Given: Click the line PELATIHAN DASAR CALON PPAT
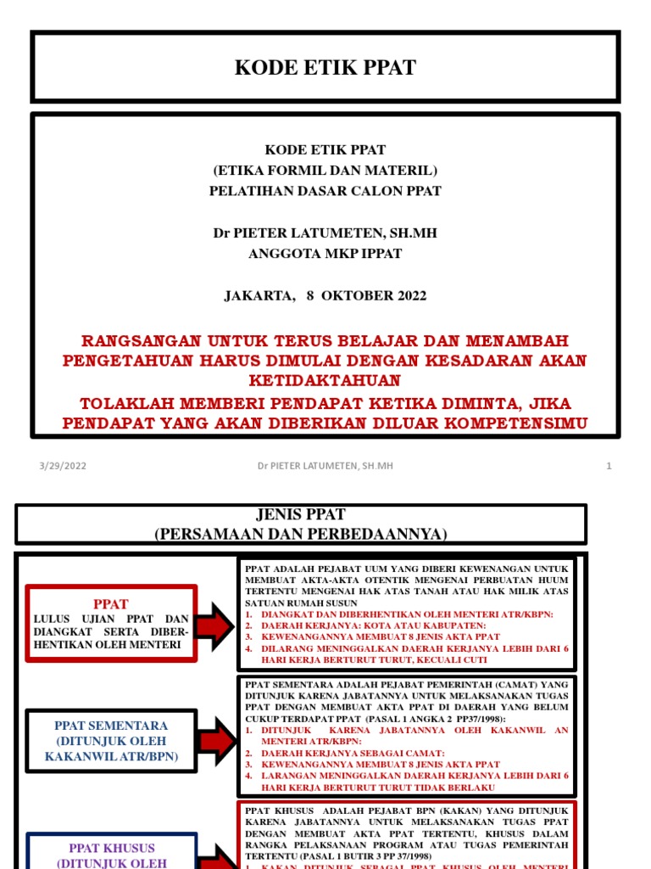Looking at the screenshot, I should (x=325, y=191).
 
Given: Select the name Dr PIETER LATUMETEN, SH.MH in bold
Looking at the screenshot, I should (x=325, y=233).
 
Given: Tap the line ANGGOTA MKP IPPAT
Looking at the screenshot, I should (x=325, y=253).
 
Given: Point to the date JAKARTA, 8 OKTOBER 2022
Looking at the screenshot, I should (x=325, y=296).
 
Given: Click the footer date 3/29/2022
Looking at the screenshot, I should (x=63, y=466).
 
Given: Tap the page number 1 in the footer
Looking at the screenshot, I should (x=609, y=466).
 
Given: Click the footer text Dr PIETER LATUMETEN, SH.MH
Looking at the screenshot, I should (x=325, y=466).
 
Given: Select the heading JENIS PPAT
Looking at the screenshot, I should (x=301, y=515).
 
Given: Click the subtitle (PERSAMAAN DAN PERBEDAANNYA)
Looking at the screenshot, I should (x=301, y=534).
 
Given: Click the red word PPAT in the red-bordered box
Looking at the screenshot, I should (x=111, y=604).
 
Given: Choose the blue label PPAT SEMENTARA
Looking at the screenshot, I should (x=111, y=726).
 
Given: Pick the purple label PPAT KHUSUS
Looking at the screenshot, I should (x=111, y=849).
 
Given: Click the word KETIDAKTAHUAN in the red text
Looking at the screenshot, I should (x=325, y=381).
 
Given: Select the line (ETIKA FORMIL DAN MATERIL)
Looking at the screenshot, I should (x=325, y=171).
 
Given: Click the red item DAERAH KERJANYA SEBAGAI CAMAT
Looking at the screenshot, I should (x=353, y=754).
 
